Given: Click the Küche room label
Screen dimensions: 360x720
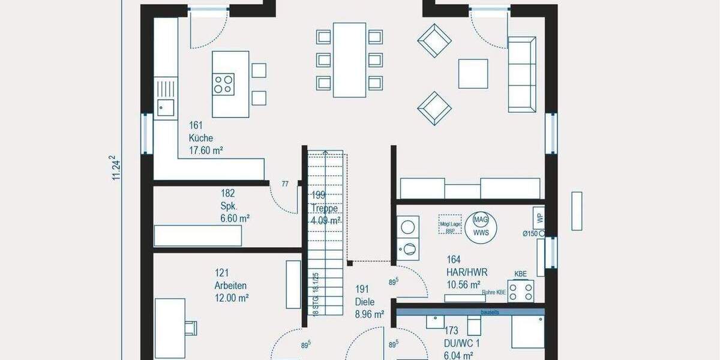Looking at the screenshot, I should [201, 138].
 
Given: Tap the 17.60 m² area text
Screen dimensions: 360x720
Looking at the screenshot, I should [206, 151].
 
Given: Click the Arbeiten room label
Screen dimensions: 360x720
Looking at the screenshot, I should [230, 286].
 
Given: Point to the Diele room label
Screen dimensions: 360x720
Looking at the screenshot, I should [365, 301].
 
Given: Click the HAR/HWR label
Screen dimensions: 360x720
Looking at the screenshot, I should [467, 272].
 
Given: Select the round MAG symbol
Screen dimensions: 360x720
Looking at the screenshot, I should [481, 220].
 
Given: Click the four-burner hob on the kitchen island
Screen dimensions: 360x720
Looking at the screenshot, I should [224, 83].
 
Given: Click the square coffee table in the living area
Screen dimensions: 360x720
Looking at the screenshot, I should [473, 74].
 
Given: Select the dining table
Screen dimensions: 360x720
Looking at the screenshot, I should [349, 59].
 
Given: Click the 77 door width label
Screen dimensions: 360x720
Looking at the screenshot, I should [285, 184].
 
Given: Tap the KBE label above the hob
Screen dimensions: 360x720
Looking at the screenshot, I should [520, 274].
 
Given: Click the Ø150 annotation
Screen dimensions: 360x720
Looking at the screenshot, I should [532, 233].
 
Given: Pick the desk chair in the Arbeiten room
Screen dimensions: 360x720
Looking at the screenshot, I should [190, 327].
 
